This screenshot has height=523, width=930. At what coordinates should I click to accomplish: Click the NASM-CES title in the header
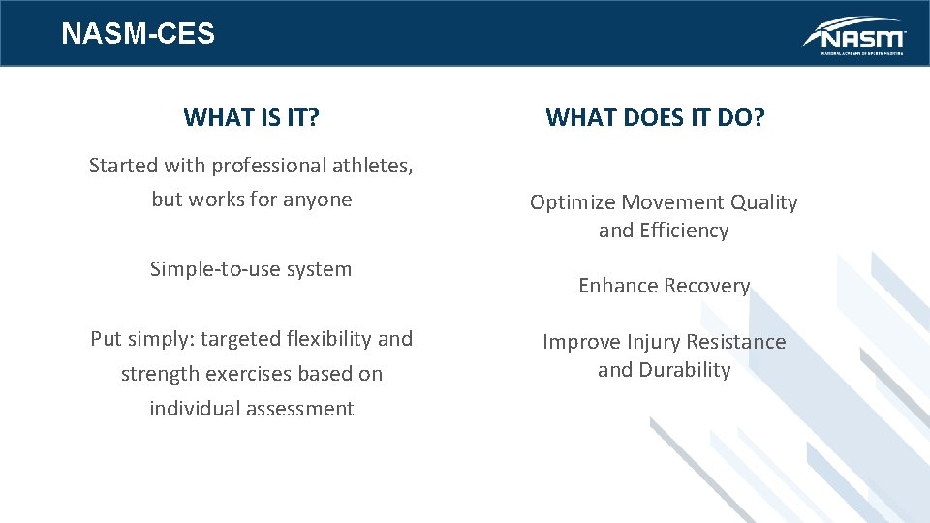[x=138, y=34]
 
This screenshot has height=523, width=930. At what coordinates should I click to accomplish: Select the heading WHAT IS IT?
[x=252, y=118]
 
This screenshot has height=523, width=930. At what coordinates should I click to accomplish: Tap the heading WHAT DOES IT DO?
[x=655, y=118]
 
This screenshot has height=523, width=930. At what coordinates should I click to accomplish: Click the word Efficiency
[x=683, y=231]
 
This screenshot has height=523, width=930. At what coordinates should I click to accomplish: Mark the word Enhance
[x=612, y=286]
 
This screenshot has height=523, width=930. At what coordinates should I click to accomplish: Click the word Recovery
[x=705, y=286]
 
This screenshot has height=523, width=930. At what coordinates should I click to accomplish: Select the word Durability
[x=684, y=370]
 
